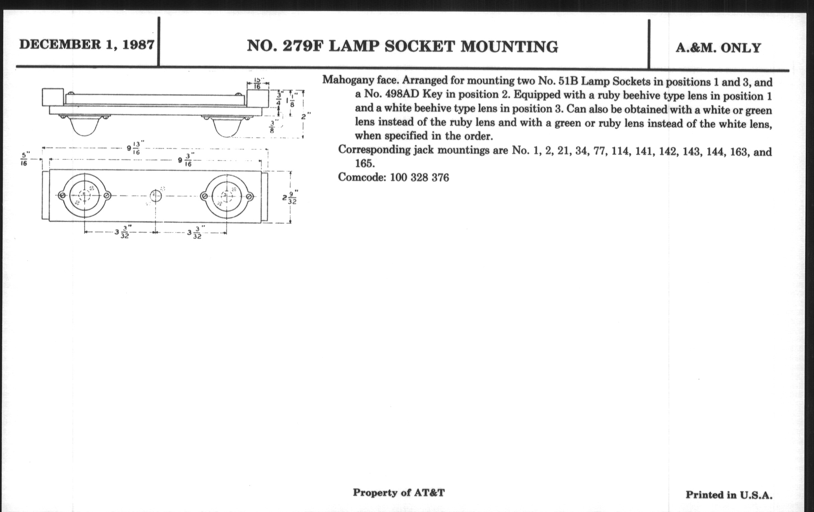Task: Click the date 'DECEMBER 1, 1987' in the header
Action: point(87,45)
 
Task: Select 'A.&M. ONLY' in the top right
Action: point(718,48)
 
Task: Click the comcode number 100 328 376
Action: point(419,177)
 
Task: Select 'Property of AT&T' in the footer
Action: point(399,493)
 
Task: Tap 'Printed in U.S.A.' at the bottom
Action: point(729,495)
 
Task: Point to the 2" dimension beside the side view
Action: point(306,116)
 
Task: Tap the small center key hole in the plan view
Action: point(156,196)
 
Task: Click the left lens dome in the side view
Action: point(85,126)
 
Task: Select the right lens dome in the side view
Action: point(227,128)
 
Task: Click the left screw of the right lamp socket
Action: point(204,196)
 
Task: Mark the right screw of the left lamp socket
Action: point(107,195)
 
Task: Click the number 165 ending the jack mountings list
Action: point(365,164)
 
